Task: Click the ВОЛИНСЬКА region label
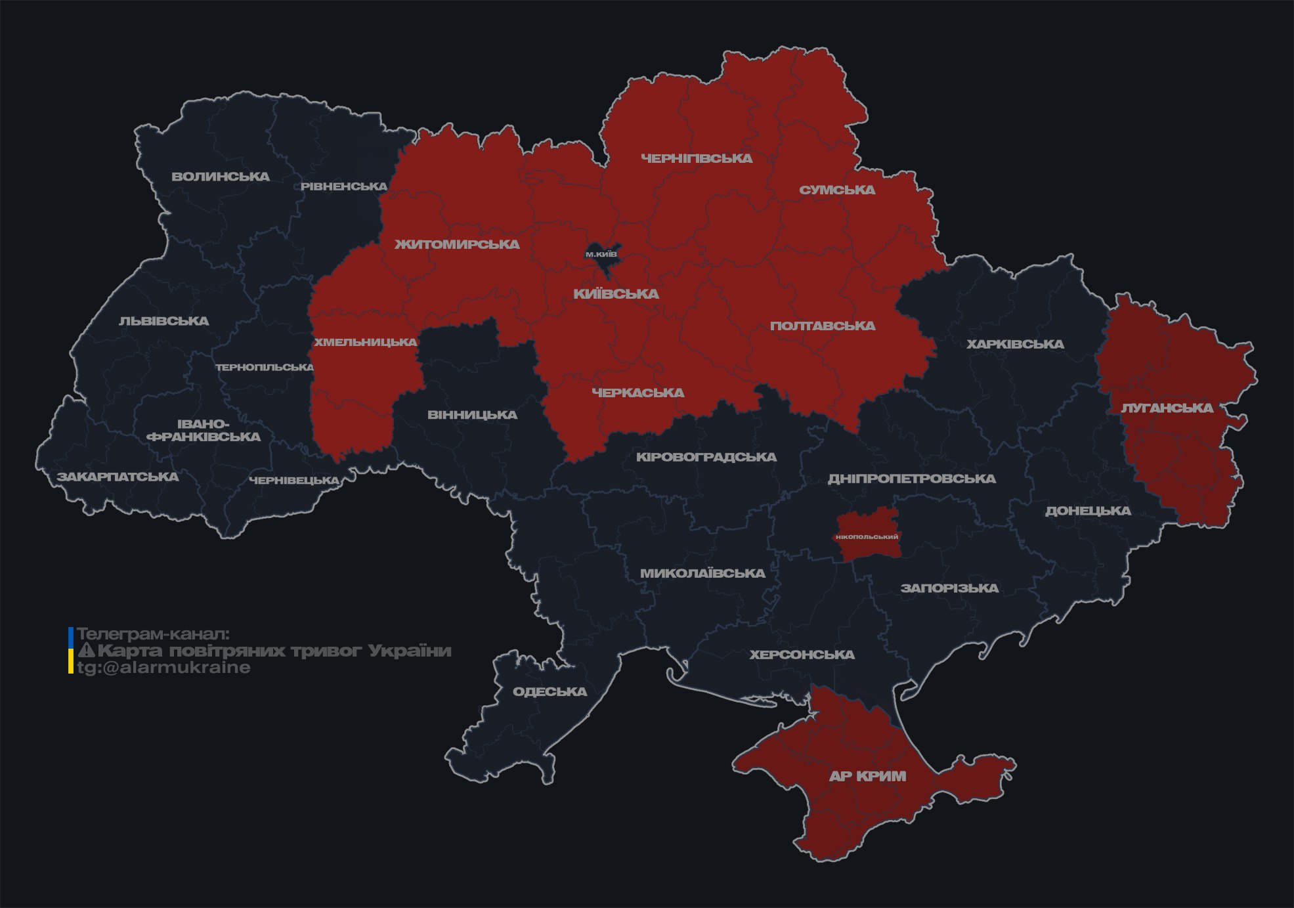(x=221, y=177)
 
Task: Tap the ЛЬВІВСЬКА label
(x=164, y=321)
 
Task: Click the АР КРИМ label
(x=867, y=776)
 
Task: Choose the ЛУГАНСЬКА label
(x=1167, y=408)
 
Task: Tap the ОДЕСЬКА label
(x=550, y=691)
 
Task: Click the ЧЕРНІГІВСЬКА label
(x=696, y=158)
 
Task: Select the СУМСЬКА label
(x=837, y=190)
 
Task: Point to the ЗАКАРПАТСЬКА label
(x=118, y=477)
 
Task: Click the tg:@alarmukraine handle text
(x=163, y=668)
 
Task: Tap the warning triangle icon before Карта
(x=87, y=651)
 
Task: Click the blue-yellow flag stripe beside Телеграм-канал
(x=71, y=651)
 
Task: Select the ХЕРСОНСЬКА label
(x=802, y=655)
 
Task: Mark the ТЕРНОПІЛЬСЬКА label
(x=265, y=367)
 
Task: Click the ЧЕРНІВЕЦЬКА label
(x=293, y=481)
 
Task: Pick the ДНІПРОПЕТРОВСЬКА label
(x=911, y=479)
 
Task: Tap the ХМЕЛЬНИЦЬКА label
(x=365, y=342)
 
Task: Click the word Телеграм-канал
(x=153, y=634)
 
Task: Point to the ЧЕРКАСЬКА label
(x=637, y=393)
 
